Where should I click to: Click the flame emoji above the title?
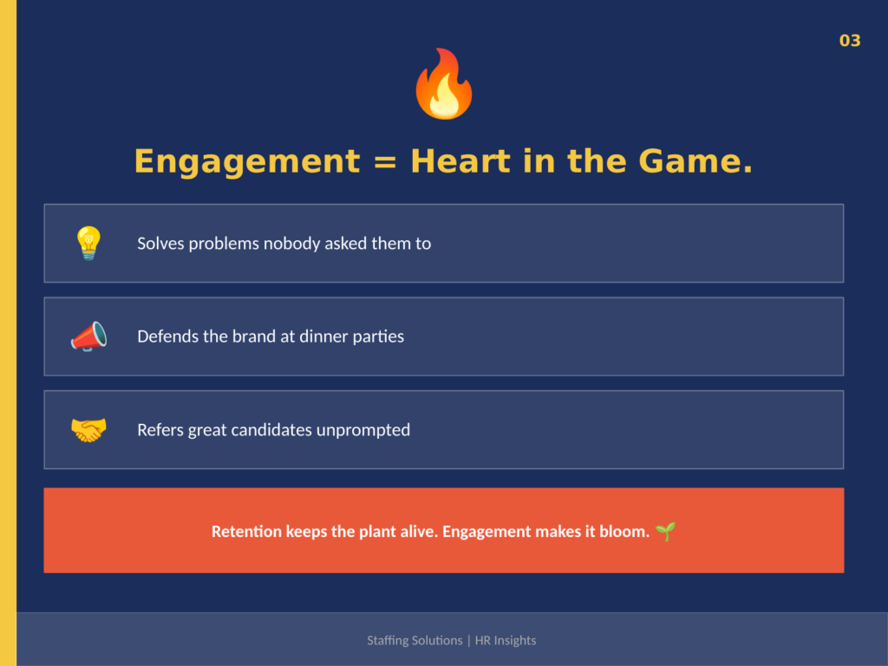[x=443, y=84]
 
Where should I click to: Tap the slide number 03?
[x=850, y=41]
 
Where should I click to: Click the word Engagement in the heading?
[x=246, y=161]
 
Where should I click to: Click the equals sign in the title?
[x=384, y=162]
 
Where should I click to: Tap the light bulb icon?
[x=88, y=243]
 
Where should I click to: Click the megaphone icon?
[x=88, y=336]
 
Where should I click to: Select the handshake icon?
[x=88, y=429]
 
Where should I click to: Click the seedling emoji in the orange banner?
[x=665, y=531]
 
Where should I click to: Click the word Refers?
[x=160, y=430]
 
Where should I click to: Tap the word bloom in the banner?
[x=623, y=532]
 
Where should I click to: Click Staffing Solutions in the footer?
[x=415, y=641]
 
